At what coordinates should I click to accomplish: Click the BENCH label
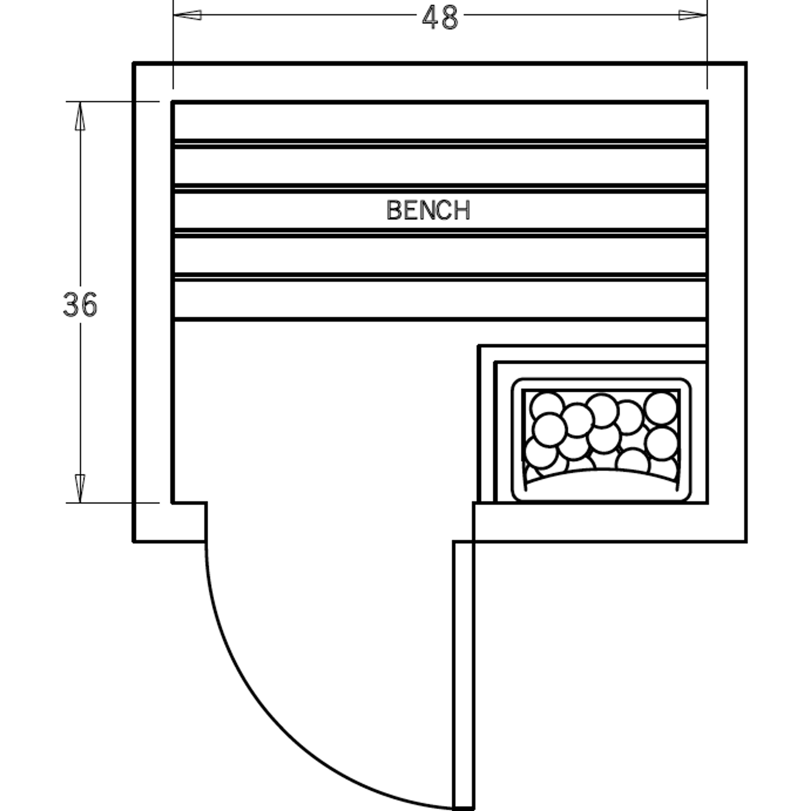point(428,210)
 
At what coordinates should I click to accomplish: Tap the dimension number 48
point(440,18)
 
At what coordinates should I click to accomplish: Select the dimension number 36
point(80,305)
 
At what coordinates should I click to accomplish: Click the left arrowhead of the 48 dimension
point(187,15)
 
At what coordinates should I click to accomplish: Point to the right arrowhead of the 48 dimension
point(693,15)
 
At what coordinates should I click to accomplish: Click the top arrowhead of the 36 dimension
point(80,116)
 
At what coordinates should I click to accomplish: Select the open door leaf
point(464,673)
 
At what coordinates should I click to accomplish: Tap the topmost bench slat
point(440,121)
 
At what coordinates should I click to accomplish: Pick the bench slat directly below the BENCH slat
point(440,255)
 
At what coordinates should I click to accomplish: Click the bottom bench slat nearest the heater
point(440,300)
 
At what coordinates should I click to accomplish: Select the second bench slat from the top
point(440,166)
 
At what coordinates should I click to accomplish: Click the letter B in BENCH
point(393,210)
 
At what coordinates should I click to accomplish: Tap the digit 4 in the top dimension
point(430,18)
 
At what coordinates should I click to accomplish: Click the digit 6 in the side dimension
point(89,305)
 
